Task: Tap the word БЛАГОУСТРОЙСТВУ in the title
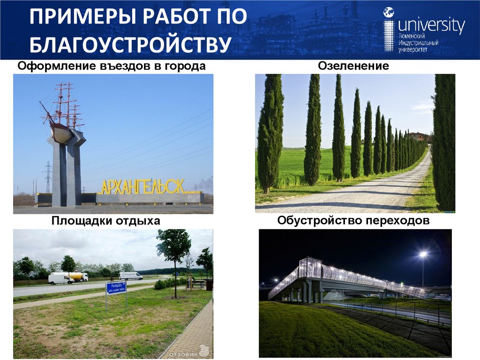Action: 131,46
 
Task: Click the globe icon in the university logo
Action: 389,13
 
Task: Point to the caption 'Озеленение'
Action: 353,66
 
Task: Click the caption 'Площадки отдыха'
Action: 106,220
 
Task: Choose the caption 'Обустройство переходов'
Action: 353,220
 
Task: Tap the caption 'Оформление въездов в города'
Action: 112,66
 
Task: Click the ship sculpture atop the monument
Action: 63,117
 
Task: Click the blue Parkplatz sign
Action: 116,287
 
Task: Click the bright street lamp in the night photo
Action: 423,255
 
